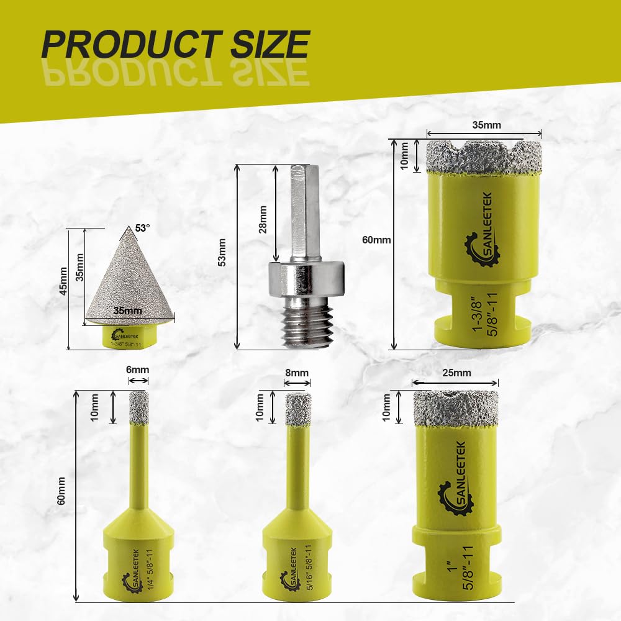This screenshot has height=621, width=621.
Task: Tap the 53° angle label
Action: [x=143, y=228]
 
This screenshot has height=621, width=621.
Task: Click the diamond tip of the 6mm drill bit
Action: [x=139, y=407]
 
